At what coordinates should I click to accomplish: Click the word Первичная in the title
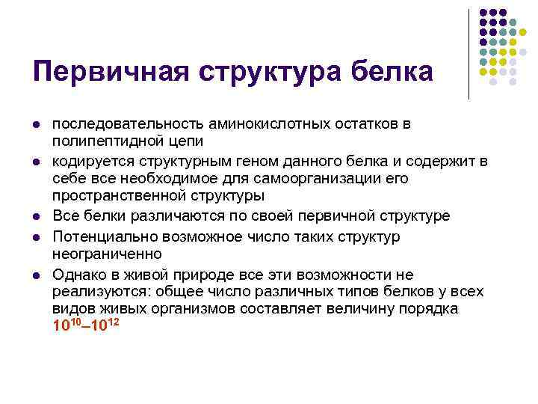click(111, 72)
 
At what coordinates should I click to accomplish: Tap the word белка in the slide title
click(392, 72)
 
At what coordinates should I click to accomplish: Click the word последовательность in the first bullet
click(128, 124)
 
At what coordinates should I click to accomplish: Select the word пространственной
click(119, 196)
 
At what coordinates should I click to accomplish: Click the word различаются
click(177, 216)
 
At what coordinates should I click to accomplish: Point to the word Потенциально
click(105, 236)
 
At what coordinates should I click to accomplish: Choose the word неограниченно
click(107, 254)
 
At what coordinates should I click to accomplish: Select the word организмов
click(194, 309)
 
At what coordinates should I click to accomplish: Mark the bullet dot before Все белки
click(37, 217)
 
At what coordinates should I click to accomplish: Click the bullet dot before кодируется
click(37, 162)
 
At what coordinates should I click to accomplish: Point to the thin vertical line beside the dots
click(469, 55)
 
